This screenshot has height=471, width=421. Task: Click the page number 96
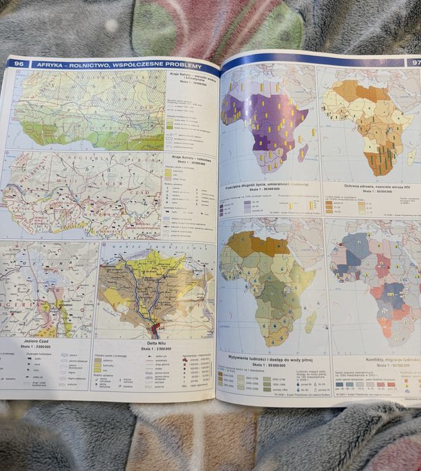18,63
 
